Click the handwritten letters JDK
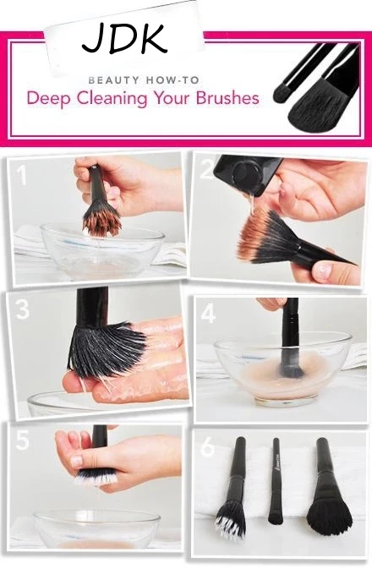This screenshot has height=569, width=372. pyautogui.click(x=124, y=38)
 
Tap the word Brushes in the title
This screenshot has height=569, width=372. pyautogui.click(x=227, y=98)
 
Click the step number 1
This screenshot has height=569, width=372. pyautogui.click(x=22, y=175)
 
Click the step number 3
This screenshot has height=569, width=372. pyautogui.click(x=22, y=309)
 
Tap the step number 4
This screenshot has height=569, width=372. pyautogui.click(x=208, y=314)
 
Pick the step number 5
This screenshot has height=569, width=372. pyautogui.click(x=23, y=440)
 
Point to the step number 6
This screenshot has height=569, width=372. pyautogui.click(x=208, y=446)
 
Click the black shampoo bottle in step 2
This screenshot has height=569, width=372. pyautogui.click(x=247, y=173)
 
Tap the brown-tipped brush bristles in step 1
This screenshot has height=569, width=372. pyautogui.click(x=101, y=220)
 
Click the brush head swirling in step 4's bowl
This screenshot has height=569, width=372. pyautogui.click(x=293, y=366)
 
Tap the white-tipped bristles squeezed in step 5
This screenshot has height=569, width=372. pyautogui.click(x=96, y=477)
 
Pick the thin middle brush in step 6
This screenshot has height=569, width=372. pyautogui.click(x=276, y=480)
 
